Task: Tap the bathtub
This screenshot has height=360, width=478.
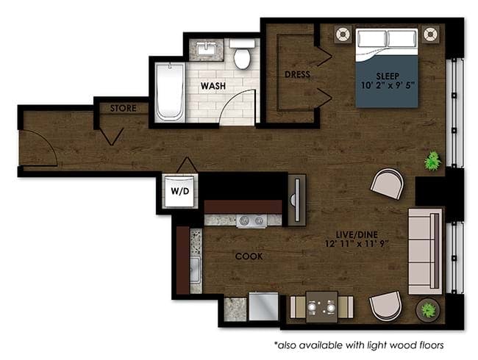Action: tap(170, 92)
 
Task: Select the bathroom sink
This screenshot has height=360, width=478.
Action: tap(207, 49)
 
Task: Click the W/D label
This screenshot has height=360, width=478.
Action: tap(180, 191)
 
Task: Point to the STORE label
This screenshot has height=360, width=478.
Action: tap(123, 108)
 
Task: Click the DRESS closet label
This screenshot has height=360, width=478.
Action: tap(297, 74)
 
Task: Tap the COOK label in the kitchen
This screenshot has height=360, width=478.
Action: tap(249, 256)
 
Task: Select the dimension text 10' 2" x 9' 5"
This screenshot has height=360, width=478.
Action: tap(388, 85)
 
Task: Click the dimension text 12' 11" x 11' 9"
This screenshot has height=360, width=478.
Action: tap(357, 244)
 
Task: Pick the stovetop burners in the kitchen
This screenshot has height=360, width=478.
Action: tap(252, 221)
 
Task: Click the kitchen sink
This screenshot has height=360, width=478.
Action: tap(196, 270)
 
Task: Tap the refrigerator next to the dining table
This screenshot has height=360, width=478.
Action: tap(264, 306)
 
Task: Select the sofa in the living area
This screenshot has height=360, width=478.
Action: tap(425, 251)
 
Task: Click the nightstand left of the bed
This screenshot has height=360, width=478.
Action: tap(343, 34)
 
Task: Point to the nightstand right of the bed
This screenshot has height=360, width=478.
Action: tap(431, 34)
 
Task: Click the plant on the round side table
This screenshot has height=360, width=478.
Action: tap(428, 310)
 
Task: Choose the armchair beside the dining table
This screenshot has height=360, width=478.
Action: tap(385, 306)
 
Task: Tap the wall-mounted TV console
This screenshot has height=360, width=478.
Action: tap(297, 200)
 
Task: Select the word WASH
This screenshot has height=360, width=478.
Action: tap(213, 86)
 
